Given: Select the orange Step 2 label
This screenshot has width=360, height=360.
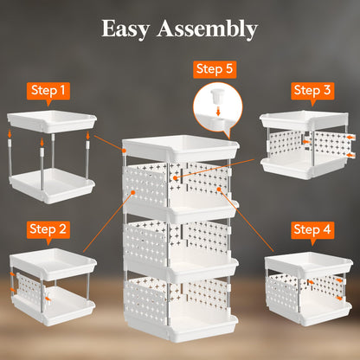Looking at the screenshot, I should point(48,229).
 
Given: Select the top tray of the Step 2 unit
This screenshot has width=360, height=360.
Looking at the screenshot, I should point(50,260).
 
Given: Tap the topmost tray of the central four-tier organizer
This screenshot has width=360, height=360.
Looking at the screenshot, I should point(178,149).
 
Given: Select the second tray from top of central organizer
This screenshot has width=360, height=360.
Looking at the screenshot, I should point(178,211).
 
